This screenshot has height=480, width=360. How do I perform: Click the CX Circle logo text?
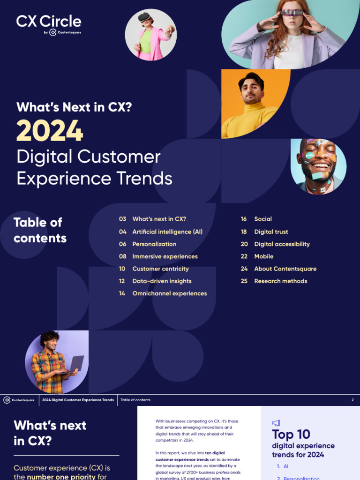[x=49, y=21]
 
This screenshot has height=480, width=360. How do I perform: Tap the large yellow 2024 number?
[x=50, y=131]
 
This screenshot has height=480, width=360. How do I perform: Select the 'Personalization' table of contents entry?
[x=154, y=244]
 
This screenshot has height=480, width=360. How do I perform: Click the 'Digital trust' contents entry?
[x=271, y=232]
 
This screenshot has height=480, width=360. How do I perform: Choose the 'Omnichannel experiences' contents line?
[x=169, y=293]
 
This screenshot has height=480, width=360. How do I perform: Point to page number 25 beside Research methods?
[x=244, y=281]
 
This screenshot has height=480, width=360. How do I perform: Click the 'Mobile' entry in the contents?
[x=263, y=256]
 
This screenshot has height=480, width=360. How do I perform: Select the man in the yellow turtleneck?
[x=249, y=105]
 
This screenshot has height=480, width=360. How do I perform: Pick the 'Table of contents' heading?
[x=40, y=230]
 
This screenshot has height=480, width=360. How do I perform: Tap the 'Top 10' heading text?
[x=291, y=435]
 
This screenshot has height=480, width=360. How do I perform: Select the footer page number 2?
[x=352, y=400]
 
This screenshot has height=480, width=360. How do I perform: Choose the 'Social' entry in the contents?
[x=263, y=219]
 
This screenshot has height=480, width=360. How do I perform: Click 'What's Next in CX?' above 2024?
[x=74, y=107]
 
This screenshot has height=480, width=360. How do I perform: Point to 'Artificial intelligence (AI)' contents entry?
[x=167, y=232]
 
